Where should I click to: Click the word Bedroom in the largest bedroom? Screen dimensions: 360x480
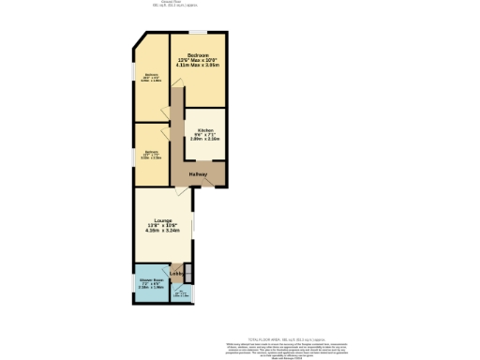point(198,55)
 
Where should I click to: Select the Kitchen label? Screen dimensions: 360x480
point(205,130)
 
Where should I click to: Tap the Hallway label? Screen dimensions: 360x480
point(197,174)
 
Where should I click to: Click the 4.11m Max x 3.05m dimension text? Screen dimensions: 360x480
point(198,67)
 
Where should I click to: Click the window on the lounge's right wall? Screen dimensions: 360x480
point(193,226)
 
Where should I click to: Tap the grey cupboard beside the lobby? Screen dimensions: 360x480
point(188,273)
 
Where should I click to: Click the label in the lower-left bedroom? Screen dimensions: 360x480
point(151,155)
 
